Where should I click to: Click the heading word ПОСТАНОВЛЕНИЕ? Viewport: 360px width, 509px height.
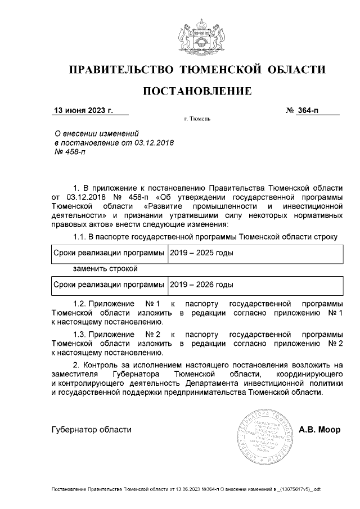click(x=196, y=91)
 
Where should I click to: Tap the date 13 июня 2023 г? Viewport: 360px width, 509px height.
click(x=83, y=110)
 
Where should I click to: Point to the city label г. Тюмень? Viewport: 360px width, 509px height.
click(x=197, y=120)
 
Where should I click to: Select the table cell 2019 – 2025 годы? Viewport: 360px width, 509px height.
click(x=201, y=254)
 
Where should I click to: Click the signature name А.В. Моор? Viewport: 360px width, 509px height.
click(x=319, y=430)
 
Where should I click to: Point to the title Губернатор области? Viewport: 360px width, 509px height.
click(x=91, y=430)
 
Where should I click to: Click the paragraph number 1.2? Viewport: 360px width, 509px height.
click(x=82, y=303)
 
